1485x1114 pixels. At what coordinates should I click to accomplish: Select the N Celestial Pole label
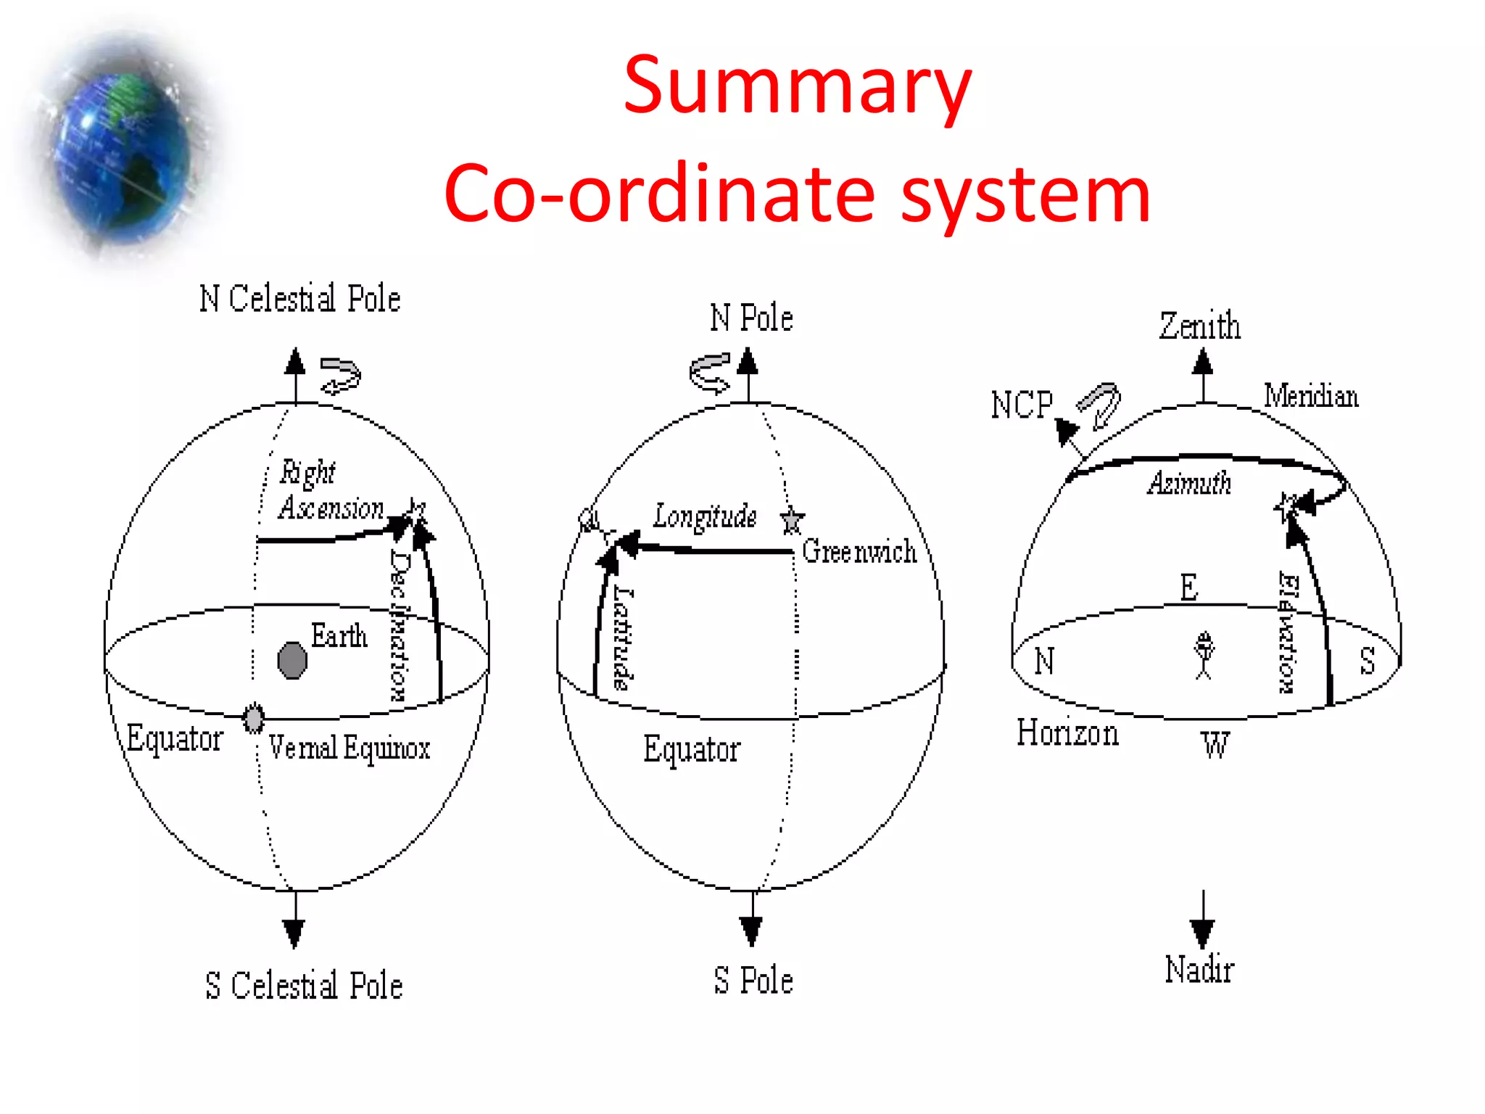(299, 298)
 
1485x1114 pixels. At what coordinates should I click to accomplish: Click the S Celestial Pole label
(303, 986)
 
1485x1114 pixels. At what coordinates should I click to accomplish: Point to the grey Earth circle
(292, 660)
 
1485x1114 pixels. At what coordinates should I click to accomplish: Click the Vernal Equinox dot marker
(253, 718)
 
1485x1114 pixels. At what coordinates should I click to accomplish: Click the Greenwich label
(859, 551)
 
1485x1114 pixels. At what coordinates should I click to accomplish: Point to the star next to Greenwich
(792, 519)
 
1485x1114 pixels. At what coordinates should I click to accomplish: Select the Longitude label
(704, 516)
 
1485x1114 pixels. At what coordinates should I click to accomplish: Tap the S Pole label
(753, 981)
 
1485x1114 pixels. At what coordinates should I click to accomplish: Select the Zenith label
(1199, 326)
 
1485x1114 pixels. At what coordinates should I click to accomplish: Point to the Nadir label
(1199, 970)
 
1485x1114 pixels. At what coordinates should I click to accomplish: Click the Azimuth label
(1189, 483)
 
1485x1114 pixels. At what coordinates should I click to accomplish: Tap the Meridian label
(1311, 396)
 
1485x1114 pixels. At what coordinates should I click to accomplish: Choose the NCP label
(1022, 405)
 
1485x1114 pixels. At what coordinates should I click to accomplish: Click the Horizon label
(1067, 733)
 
